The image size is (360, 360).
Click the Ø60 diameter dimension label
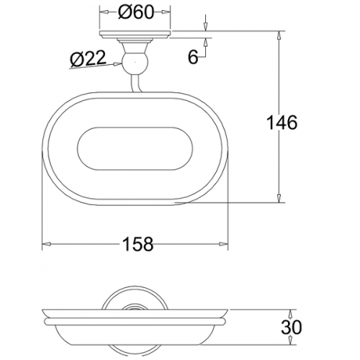135,12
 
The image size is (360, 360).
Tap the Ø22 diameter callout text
88,58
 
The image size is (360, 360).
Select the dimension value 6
193,57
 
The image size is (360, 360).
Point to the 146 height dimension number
282,122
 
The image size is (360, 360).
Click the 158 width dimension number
138,244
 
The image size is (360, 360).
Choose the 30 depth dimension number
292,327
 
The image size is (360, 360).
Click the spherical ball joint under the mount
135,63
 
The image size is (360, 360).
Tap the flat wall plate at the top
135,35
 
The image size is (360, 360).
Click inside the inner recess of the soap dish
135,149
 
